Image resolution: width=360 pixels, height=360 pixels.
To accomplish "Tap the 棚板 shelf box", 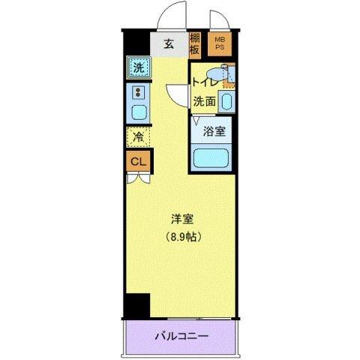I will tap(194, 45).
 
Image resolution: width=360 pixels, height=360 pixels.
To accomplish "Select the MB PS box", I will tap(220, 44).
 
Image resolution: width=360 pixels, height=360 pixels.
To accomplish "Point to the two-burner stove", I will tap(138, 93).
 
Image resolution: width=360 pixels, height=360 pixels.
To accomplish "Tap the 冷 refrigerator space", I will tap(138, 137).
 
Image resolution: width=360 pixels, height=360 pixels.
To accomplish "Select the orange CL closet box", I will tap(138, 160).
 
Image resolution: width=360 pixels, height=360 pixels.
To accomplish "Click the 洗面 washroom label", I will tap(204, 100).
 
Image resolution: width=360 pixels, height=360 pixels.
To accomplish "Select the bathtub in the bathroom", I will tap(211, 158).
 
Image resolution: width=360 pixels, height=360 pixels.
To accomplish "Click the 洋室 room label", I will tap(181, 220).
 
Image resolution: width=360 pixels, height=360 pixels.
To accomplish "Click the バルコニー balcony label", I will tap(182, 336).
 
